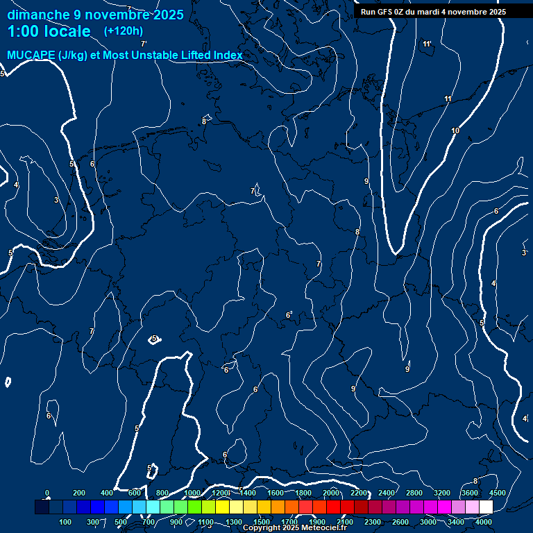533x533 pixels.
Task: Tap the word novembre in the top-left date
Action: pos(112,15)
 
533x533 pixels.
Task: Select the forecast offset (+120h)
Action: pos(124,31)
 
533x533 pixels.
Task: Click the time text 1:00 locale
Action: pos(49,31)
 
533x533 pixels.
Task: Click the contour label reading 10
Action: pos(455,131)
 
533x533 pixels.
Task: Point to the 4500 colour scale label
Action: pos(497,493)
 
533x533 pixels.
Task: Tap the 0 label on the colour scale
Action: pos(47,493)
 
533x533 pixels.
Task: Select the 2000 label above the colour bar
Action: pos(330,493)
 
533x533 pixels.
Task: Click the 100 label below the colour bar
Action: pos(66,522)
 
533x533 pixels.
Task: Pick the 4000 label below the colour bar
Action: pos(484,522)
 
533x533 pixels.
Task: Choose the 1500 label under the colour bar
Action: pos(262,522)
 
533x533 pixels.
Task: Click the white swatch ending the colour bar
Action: pos(486,507)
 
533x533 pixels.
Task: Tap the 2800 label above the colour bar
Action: pos(414,493)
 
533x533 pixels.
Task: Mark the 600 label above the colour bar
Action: pos(135,493)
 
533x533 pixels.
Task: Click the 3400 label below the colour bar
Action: pos(456,522)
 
